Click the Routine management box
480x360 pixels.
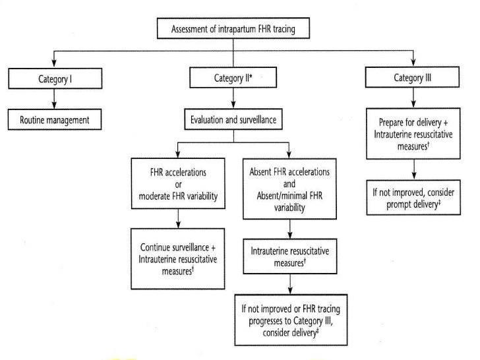click(x=53, y=121)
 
